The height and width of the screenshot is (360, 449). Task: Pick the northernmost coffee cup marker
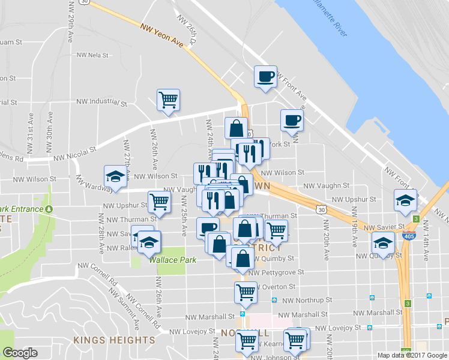[265, 76]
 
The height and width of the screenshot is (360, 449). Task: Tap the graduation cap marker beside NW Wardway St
[116, 176]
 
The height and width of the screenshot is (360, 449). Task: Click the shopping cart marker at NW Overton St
[246, 292]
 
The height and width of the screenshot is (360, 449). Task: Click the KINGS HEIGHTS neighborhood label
[115, 340]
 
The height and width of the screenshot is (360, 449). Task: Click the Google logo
[20, 353]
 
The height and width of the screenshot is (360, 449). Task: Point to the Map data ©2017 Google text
[413, 355]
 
